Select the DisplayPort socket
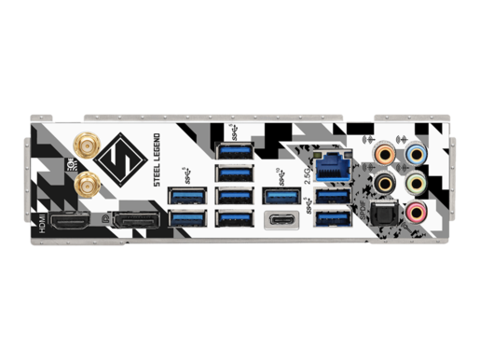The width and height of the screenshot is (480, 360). pyautogui.click(x=135, y=223)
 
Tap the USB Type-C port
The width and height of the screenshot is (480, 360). pyautogui.click(x=281, y=221)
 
